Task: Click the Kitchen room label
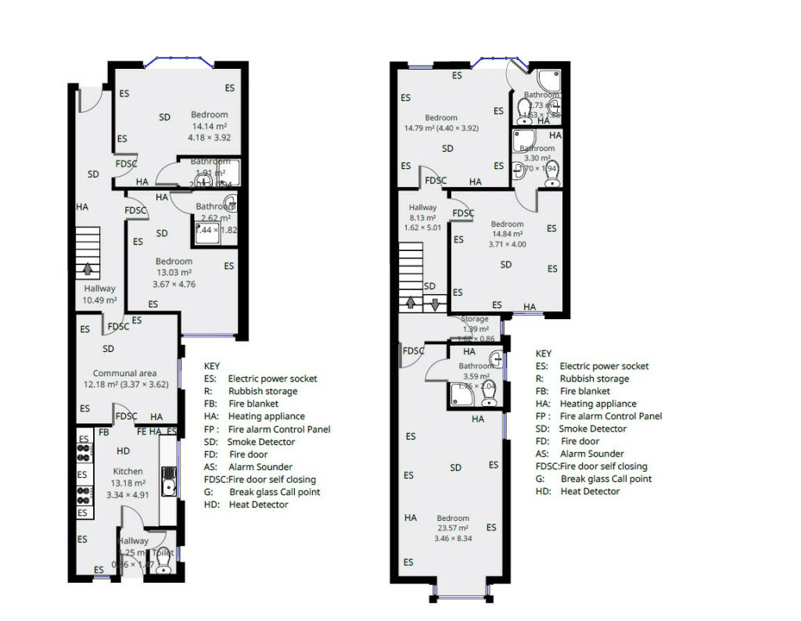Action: point(128,472)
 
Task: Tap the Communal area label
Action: point(126,373)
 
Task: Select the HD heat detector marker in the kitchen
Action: point(124,451)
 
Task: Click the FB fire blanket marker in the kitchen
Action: point(103,433)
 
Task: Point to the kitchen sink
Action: point(168,481)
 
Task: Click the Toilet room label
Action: point(163,552)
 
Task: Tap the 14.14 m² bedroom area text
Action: point(210,126)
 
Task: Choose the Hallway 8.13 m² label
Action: point(423,218)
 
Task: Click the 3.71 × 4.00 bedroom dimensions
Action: point(507,244)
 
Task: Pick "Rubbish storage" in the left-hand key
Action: point(263,391)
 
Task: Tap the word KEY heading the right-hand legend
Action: point(544,354)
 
